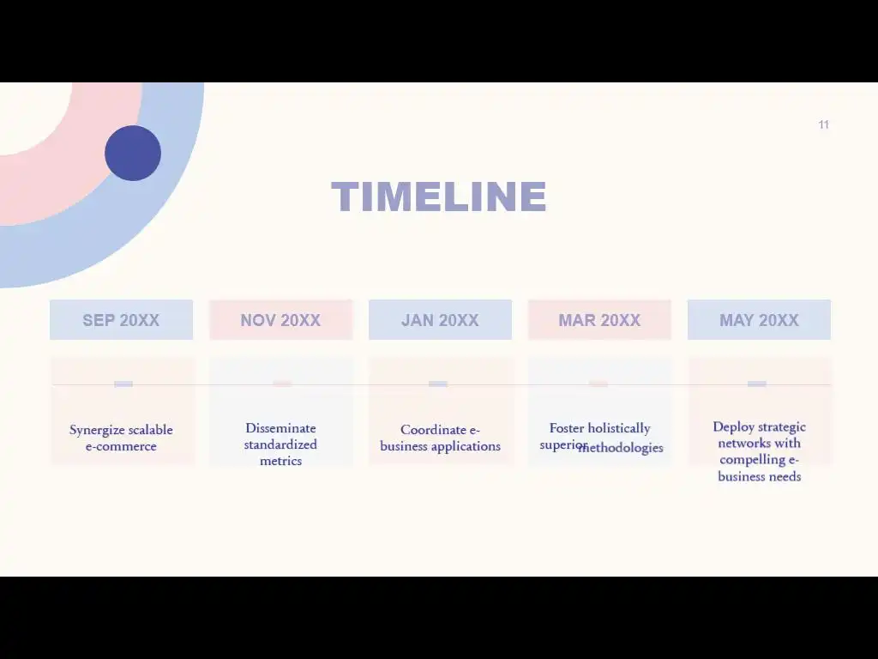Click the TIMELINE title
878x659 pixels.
click(x=439, y=196)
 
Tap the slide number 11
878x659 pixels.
click(x=823, y=124)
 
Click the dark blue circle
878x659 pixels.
click(x=133, y=153)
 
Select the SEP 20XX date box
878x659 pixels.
click(x=122, y=320)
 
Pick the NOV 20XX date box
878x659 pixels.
click(x=281, y=320)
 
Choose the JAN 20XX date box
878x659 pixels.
click(x=440, y=320)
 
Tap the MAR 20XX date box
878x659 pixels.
click(x=599, y=320)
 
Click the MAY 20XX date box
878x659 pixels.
click(x=760, y=320)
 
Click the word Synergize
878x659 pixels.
click(x=97, y=431)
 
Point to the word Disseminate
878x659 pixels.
click(x=280, y=428)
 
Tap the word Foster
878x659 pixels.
click(x=567, y=428)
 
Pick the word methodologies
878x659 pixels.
click(x=621, y=448)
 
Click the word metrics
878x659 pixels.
click(x=280, y=461)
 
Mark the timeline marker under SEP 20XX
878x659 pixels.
click(x=123, y=384)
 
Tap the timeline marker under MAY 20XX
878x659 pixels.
click(x=757, y=384)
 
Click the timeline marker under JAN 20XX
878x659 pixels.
click(x=438, y=384)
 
